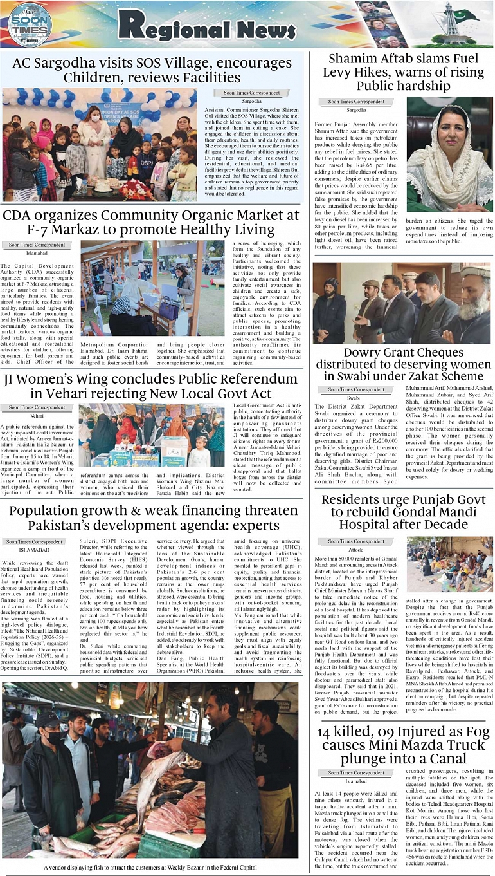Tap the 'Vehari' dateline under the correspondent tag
point(37,416)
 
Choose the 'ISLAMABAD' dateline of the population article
point(34,550)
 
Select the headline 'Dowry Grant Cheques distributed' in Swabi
point(403,364)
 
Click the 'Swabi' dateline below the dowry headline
point(353,398)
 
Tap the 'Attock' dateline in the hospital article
point(355,550)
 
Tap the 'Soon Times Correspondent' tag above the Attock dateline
point(356,541)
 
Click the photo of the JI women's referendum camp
point(152,434)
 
